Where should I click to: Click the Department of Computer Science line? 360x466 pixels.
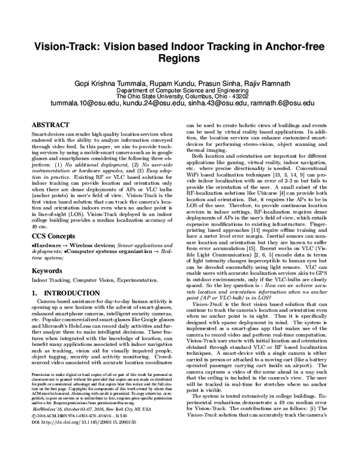[179, 89]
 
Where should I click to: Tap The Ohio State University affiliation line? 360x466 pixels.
[179, 95]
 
